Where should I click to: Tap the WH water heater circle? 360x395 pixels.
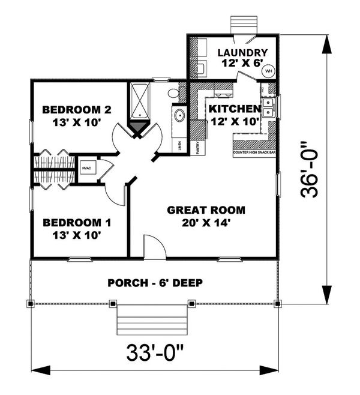268,70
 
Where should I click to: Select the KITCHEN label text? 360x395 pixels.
234,109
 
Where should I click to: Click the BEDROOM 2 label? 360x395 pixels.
77,110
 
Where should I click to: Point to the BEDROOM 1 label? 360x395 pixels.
76,222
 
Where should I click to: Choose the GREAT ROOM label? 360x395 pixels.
206,210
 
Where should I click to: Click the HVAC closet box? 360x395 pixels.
85,169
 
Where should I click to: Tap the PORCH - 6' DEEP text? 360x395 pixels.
155,283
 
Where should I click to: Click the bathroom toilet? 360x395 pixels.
173,93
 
